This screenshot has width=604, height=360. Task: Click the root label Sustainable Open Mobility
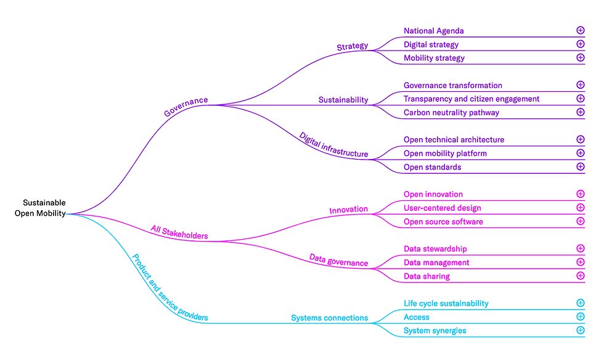[x=41, y=208]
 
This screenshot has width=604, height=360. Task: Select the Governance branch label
[x=186, y=106]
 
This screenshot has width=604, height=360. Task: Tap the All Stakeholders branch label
[x=179, y=232]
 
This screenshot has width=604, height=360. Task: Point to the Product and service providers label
[x=169, y=287]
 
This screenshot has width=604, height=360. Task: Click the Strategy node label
[x=352, y=46]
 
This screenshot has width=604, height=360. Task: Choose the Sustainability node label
[x=343, y=100]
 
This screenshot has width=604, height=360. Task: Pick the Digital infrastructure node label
[x=333, y=145]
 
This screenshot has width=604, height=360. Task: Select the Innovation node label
[x=348, y=210]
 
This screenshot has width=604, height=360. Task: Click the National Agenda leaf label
[x=434, y=31]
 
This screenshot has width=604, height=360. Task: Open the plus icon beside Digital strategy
[x=580, y=44]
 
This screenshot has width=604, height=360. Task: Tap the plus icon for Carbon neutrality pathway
[x=580, y=112]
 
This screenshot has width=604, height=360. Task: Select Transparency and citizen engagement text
[x=471, y=99]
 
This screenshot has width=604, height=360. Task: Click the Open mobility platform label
[x=445, y=153]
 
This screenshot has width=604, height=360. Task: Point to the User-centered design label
[x=443, y=208]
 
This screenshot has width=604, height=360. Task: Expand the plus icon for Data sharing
[x=580, y=276]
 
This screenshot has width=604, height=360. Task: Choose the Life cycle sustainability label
[x=446, y=304]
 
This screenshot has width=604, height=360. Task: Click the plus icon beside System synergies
[x=580, y=330]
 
